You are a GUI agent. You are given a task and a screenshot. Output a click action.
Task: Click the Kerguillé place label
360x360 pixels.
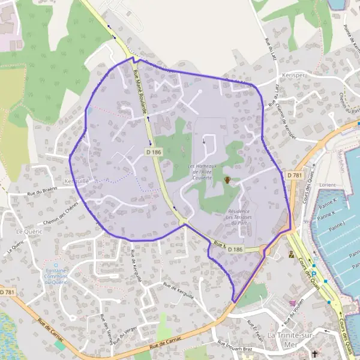click(x=76, y=181)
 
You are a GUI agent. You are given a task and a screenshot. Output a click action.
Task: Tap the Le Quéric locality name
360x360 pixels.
click(x=27, y=231)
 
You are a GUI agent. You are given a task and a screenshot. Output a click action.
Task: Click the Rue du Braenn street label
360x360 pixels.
click(x=41, y=193)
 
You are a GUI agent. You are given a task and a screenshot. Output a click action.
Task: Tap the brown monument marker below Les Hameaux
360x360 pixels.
click(x=227, y=181)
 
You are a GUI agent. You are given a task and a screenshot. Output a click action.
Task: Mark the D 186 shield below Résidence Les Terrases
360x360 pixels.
click(x=236, y=249)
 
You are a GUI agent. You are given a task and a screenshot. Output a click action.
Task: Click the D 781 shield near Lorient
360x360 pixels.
click(x=294, y=175)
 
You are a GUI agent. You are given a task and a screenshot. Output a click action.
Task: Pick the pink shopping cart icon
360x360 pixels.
click(x=292, y=303)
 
